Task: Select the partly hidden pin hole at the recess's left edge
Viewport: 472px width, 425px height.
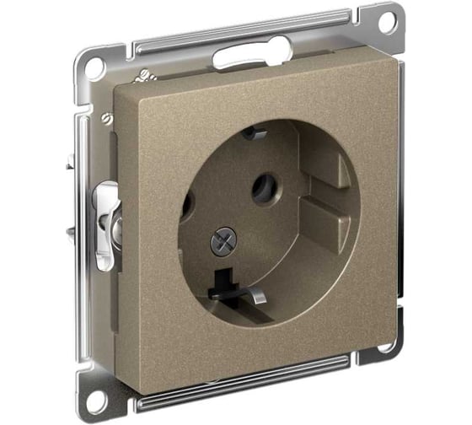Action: [x=187, y=205]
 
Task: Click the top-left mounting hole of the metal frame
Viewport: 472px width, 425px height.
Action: [x=95, y=68]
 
